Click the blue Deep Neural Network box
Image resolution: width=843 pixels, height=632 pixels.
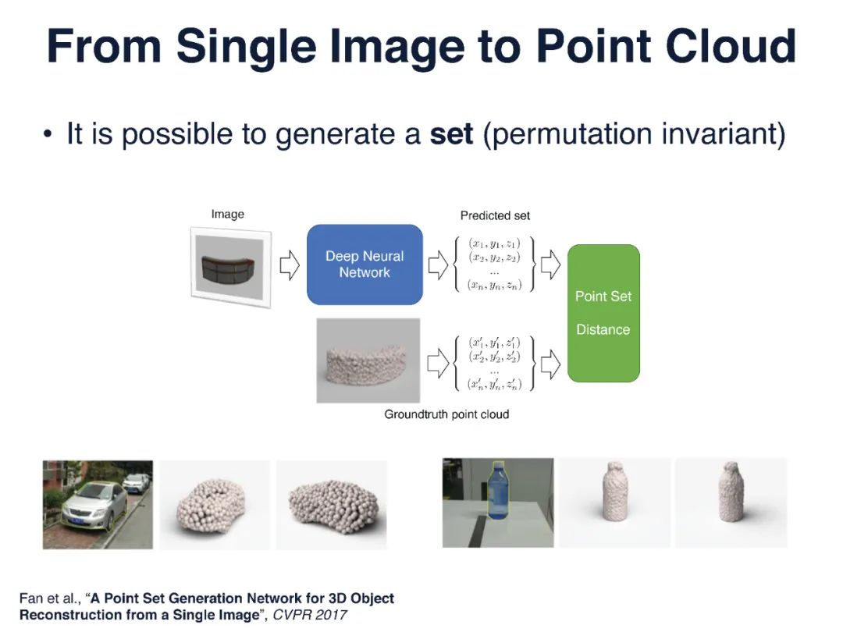point(365,265)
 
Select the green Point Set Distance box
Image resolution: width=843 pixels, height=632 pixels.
point(603,313)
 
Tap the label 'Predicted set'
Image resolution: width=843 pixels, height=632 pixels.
point(495,215)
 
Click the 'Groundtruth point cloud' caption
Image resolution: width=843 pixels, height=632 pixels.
point(446,414)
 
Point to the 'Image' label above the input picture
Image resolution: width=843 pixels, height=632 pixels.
point(227,214)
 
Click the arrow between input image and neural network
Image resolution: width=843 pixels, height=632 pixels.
point(290,265)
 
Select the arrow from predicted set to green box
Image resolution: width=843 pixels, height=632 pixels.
point(550,265)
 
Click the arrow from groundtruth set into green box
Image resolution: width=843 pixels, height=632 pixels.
point(550,363)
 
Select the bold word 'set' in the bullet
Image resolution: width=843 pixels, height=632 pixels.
point(451,134)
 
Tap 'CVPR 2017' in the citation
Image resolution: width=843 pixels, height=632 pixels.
point(309,615)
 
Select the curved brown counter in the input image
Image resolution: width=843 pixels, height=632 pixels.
point(231,268)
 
